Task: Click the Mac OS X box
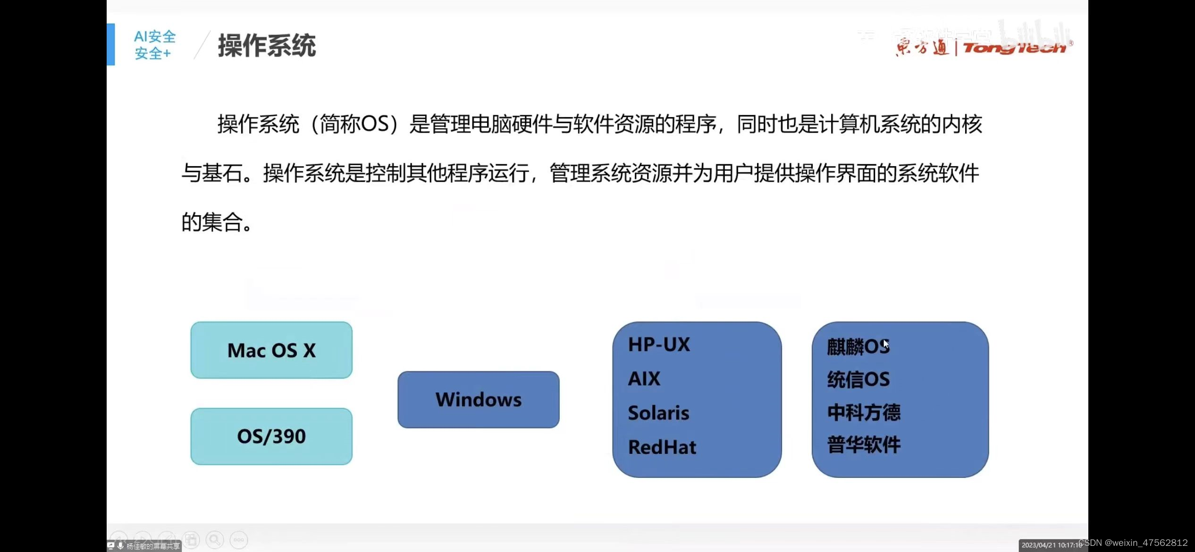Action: pos(271,350)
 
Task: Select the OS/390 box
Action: pos(271,436)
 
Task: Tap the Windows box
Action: pos(478,400)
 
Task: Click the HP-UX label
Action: pos(659,345)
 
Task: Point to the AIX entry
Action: pos(644,379)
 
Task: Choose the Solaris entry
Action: pos(658,413)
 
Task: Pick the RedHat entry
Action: pos(662,447)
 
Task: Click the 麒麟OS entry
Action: pos(858,347)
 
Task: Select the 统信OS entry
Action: pos(858,380)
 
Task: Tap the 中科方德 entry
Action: pos(864,412)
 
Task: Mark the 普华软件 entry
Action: pos(864,445)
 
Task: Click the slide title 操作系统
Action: pos(267,46)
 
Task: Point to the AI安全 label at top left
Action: pos(154,37)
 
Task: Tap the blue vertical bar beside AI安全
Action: pos(111,44)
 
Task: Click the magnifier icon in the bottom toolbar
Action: pos(215,539)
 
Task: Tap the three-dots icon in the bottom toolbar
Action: pos(239,540)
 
